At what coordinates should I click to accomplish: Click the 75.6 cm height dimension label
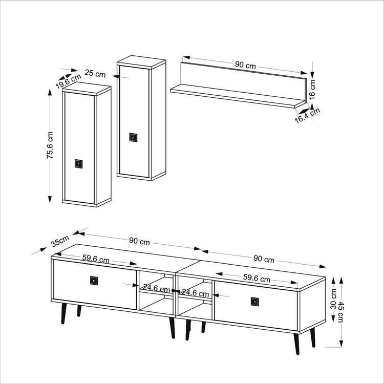point(50,145)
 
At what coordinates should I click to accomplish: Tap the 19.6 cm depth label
point(68,81)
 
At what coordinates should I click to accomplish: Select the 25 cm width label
point(95,73)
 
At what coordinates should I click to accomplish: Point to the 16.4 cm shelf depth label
point(307,115)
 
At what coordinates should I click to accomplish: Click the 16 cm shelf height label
point(312,90)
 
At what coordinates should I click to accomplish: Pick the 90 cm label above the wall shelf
point(245,65)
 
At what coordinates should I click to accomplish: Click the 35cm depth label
point(60,241)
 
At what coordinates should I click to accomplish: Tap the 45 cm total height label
point(340,312)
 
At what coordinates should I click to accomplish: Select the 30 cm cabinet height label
point(333,299)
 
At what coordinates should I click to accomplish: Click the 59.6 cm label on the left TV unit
point(96,259)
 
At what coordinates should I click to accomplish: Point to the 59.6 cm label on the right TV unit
point(257,278)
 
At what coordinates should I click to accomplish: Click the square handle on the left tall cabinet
point(79,164)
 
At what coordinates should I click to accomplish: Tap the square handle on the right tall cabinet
point(133,137)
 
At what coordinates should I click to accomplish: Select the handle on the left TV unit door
point(94,281)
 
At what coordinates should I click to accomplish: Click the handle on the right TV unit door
point(254,302)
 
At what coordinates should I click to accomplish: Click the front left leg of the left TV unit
point(63,313)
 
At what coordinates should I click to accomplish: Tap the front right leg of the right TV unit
point(296,344)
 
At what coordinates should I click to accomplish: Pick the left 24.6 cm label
point(156,288)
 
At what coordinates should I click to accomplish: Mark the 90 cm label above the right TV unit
point(264,259)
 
